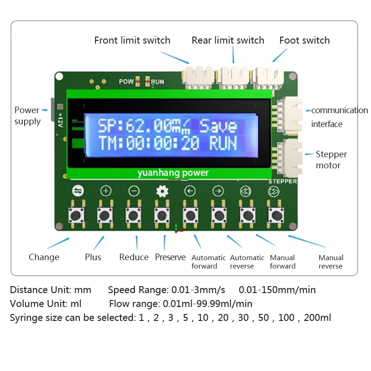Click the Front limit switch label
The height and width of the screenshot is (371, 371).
click(132, 40)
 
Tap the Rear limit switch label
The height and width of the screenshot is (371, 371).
click(228, 40)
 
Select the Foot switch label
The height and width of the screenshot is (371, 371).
click(304, 40)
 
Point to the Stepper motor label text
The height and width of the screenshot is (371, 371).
click(331, 160)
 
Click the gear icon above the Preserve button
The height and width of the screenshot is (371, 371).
click(162, 191)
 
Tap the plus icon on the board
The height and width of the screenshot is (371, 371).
click(106, 191)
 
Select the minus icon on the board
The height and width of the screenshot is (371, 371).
click(134, 191)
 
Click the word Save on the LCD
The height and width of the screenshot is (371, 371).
click(218, 126)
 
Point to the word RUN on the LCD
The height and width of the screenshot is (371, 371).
click(223, 143)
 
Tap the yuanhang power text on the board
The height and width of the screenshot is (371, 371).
click(173, 173)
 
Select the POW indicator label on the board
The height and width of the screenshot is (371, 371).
click(126, 82)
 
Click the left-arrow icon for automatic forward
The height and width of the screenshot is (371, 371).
click(190, 191)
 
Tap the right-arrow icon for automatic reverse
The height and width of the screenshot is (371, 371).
click(217, 191)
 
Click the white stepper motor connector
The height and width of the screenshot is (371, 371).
click(288, 156)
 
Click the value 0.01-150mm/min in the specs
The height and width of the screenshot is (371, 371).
click(277, 290)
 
